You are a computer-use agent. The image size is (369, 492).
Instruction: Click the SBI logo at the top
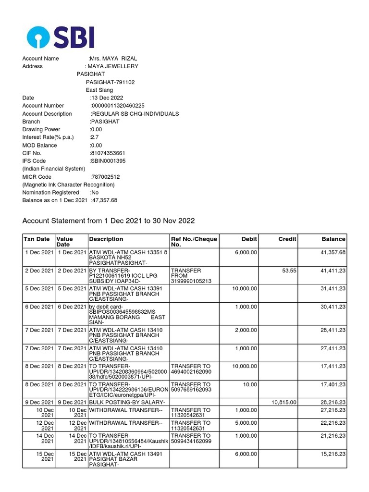pyautogui.click(x=61, y=37)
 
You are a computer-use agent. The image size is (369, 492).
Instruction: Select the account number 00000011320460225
pyautogui.click(x=118, y=106)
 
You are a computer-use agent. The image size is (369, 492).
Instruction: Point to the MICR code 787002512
pyautogui.click(x=105, y=177)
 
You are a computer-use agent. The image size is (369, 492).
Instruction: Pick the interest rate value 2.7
pyautogui.click(x=94, y=137)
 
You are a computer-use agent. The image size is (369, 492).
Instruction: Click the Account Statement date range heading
pyautogui.click(x=109, y=221)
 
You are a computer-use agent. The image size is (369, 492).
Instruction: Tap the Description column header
pyautogui.click(x=106, y=239)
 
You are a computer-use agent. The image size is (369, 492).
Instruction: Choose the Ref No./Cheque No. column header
pyautogui.click(x=194, y=242)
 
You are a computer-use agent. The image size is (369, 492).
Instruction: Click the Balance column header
pyautogui.click(x=333, y=239)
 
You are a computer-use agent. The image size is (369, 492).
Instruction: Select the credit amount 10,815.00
pyautogui.click(x=284, y=402)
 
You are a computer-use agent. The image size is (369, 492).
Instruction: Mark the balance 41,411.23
pyautogui.click(x=332, y=271)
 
